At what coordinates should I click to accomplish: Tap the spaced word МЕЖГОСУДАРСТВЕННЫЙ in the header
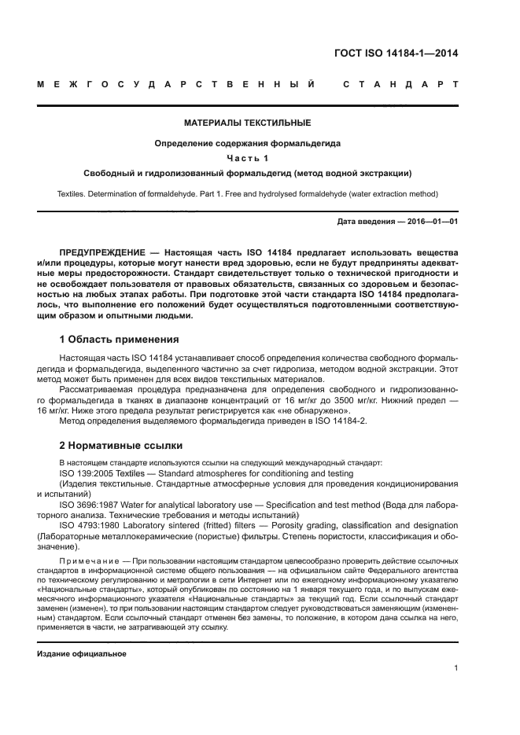click(176, 84)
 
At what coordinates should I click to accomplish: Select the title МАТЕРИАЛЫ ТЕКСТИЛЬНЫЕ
click(247, 123)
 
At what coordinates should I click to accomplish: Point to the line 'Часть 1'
click(247, 158)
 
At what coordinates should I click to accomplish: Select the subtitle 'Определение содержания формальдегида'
click(247, 143)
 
